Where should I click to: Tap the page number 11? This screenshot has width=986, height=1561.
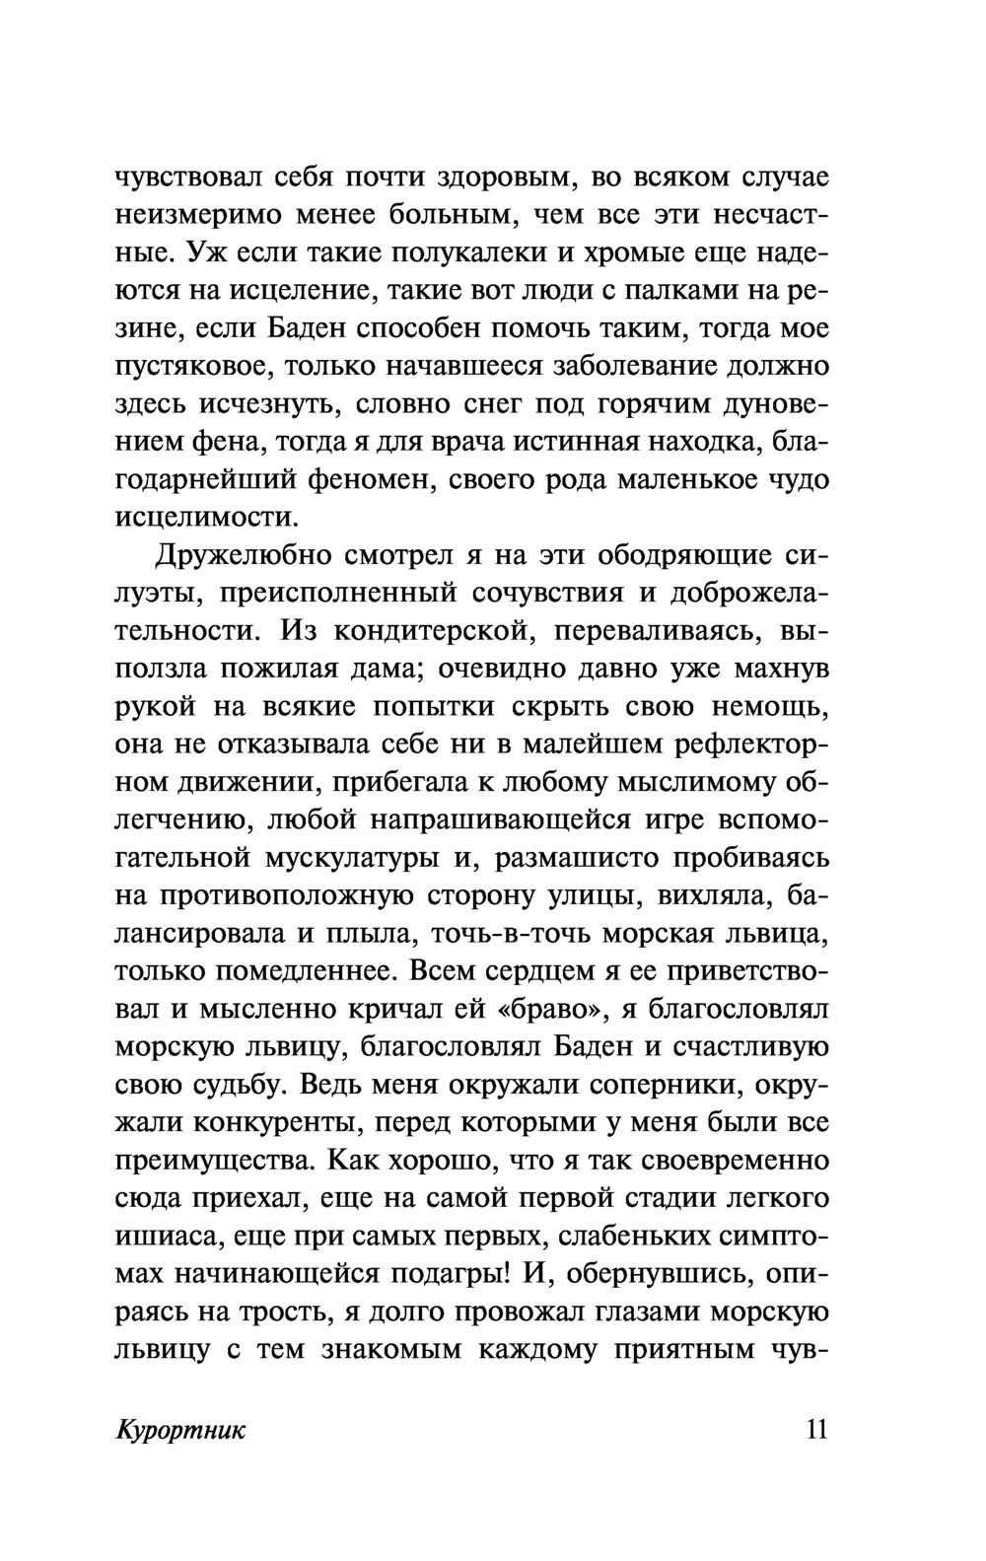pos(817,1430)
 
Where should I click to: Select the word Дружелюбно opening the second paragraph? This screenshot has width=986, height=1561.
pos(241,556)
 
